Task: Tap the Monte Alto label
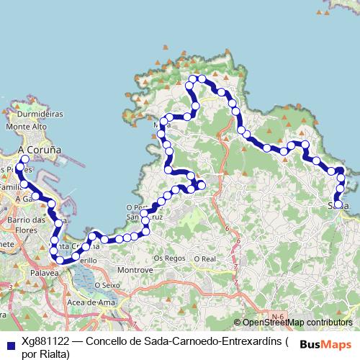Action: coord(26,127)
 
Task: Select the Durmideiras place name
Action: coord(40,114)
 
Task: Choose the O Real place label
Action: coord(204,257)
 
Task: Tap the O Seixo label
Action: coord(107,286)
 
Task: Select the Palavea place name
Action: coord(45,274)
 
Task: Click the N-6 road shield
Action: coord(279,315)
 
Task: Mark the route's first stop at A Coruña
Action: coord(25,159)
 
